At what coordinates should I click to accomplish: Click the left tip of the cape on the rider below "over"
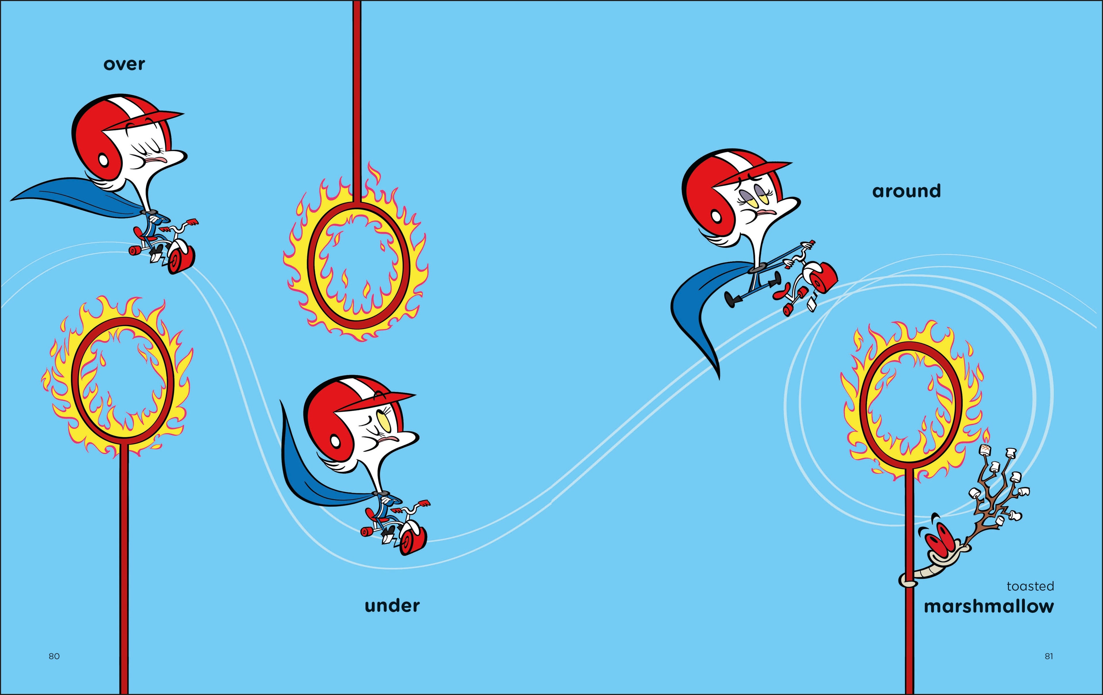click(11, 200)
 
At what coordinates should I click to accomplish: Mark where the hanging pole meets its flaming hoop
click(357, 204)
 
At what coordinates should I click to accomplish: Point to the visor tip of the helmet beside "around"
click(791, 163)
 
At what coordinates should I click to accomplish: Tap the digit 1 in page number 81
click(1051, 656)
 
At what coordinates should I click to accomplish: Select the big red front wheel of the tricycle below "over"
click(181, 259)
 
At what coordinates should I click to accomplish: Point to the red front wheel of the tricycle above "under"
click(413, 540)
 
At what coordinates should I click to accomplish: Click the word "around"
click(907, 191)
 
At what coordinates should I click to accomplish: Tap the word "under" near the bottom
click(392, 606)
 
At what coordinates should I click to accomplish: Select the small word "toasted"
click(1030, 586)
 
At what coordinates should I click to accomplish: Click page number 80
click(54, 656)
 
